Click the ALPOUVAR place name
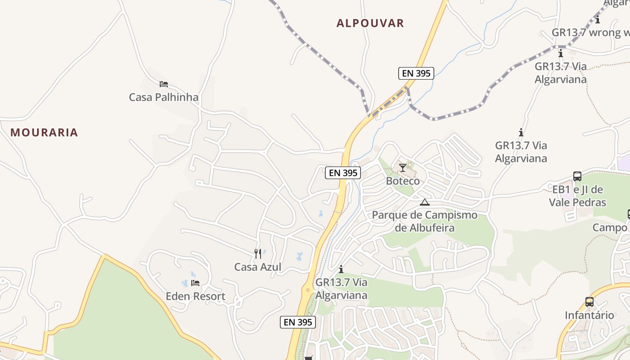tap(370, 23)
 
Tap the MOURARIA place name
tap(44, 132)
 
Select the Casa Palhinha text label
tap(163, 97)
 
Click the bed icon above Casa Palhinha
tap(164, 84)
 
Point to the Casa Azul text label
tap(257, 267)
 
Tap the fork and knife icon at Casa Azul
tap(258, 254)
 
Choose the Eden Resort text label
tap(195, 296)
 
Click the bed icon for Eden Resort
tap(195, 283)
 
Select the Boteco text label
tap(403, 181)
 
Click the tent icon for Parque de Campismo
tap(424, 202)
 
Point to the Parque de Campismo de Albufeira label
tap(424, 221)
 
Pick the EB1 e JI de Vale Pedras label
tap(577, 196)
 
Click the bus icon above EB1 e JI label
tap(577, 176)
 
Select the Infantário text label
tap(589, 315)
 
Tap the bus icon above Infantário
tap(589, 302)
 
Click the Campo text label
tap(610, 228)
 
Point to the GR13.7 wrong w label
tap(590, 32)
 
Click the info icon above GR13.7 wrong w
tap(598, 19)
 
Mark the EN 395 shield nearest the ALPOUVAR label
tap(416, 73)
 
